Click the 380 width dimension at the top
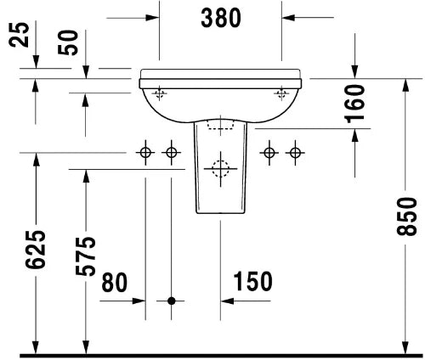tap(221, 18)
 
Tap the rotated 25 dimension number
tap(20, 35)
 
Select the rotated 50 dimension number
tap(68, 42)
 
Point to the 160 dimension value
tap(354, 104)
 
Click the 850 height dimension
tap(406, 217)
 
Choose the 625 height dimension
tap(36, 250)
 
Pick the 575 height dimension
tap(86, 256)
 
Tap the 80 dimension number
tap(115, 282)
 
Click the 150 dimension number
tap(252, 281)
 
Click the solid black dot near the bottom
tap(172, 301)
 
